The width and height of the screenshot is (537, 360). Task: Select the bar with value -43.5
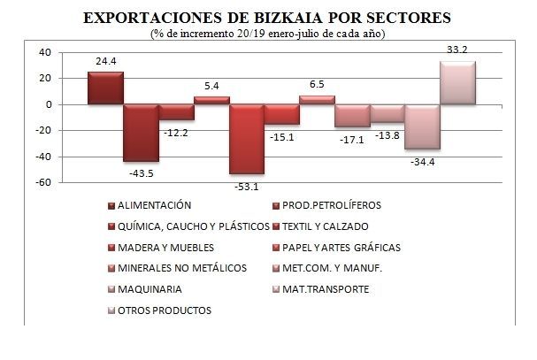tap(140, 133)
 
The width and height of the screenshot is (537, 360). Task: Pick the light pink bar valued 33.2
tap(457, 83)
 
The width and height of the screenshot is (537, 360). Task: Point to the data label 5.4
tap(211, 87)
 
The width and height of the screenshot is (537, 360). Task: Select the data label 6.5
tap(317, 85)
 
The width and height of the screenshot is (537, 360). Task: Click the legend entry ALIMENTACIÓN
tap(155, 205)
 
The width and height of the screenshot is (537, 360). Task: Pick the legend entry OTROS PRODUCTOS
tap(164, 310)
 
